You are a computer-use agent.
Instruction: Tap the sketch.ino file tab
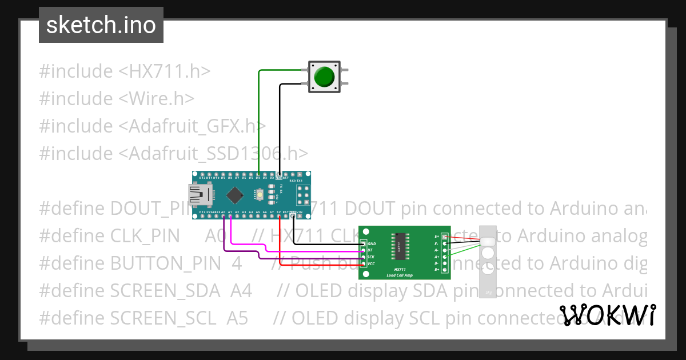coord(101,25)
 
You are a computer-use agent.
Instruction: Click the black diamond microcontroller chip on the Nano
coord(234,195)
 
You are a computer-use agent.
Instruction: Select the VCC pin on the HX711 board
coord(363,263)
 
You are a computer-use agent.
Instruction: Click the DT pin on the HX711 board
coord(363,250)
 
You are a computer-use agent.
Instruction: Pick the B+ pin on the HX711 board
coord(445,270)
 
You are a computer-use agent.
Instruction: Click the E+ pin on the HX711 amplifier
coord(445,237)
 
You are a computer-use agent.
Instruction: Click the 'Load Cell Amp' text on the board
coord(399,275)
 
